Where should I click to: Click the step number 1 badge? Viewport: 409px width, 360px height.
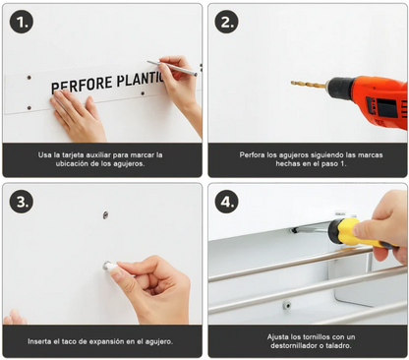[21, 22]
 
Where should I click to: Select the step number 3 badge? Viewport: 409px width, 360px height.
[21, 202]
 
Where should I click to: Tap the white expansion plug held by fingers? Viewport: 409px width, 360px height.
[111, 267]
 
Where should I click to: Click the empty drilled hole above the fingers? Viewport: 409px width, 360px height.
[105, 214]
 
